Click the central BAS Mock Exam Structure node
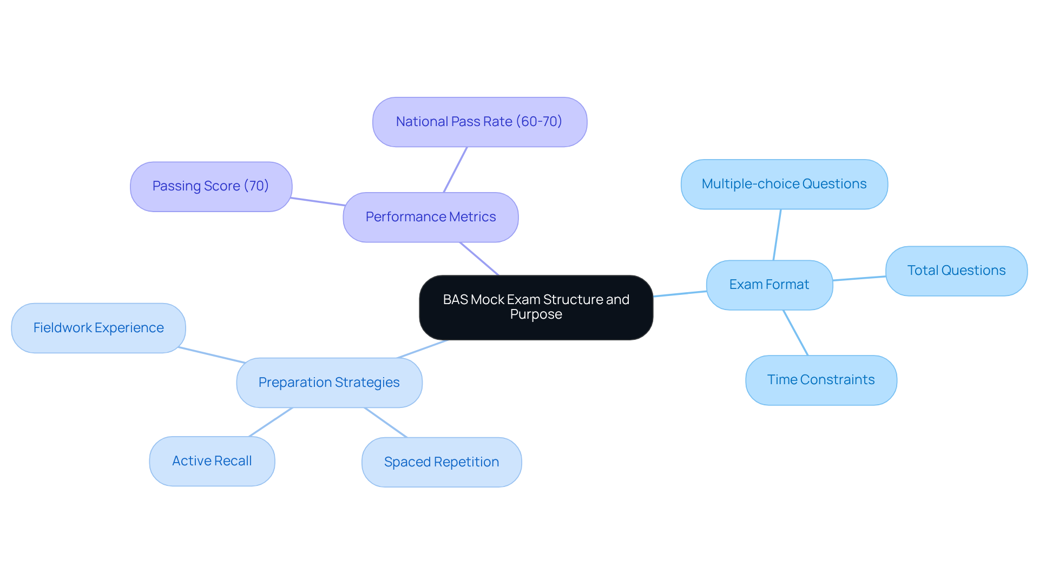(x=536, y=307)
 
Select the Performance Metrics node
(x=430, y=217)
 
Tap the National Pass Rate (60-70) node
(x=479, y=122)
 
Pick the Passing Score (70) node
(x=211, y=186)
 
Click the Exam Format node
(x=769, y=285)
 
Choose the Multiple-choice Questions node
(x=784, y=184)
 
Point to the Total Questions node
(x=956, y=271)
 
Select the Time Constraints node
(x=821, y=380)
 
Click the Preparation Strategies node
(x=329, y=383)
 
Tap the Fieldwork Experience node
(x=98, y=328)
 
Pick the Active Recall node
(x=212, y=461)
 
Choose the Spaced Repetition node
(x=442, y=462)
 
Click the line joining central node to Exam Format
(x=680, y=294)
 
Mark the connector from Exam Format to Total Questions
(x=859, y=278)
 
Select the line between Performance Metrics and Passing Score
(x=318, y=202)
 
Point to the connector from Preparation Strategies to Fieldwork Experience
(x=212, y=355)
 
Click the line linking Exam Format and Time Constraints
(x=795, y=333)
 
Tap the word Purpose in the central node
(x=536, y=314)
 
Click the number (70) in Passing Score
(x=257, y=186)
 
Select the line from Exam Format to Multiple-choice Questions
(x=777, y=235)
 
